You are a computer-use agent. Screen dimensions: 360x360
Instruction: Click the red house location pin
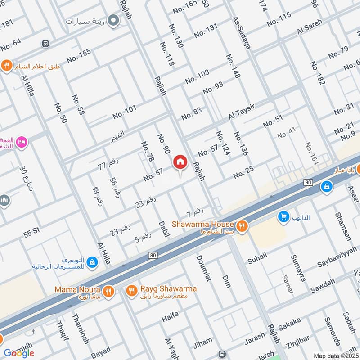[x=180, y=162]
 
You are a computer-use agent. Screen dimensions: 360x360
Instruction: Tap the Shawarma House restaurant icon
[x=242, y=226]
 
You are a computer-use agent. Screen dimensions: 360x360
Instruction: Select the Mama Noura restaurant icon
[x=108, y=291]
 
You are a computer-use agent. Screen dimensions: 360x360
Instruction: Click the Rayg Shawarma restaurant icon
[x=131, y=291]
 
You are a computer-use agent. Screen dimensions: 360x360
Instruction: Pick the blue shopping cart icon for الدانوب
[x=283, y=217]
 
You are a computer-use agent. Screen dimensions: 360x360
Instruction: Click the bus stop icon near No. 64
[x=45, y=44]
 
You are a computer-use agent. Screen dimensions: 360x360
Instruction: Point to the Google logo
[x=19, y=353]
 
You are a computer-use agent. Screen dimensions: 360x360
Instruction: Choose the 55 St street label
[x=32, y=233]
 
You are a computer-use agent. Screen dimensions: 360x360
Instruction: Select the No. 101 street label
[x=124, y=112]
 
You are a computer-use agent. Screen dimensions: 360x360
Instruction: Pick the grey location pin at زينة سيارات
[x=114, y=20]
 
